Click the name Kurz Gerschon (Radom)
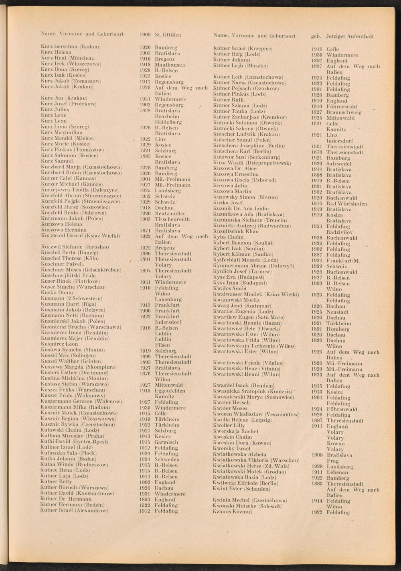coord(70,47)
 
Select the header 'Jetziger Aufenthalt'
coord(350,36)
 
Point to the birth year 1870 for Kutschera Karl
coord(317,152)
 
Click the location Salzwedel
coord(339,163)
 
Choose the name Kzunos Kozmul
coord(233,512)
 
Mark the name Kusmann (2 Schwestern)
coord(71,298)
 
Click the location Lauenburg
coord(168,299)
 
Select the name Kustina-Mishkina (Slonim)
coord(74,378)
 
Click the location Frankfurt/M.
coord(343,260)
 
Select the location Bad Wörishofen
coord(346,204)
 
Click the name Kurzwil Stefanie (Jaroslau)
coord(75,247)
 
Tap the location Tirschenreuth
coord(170,219)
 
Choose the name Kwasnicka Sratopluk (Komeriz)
coord(252,392)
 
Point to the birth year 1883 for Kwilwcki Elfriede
coord(317,483)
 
